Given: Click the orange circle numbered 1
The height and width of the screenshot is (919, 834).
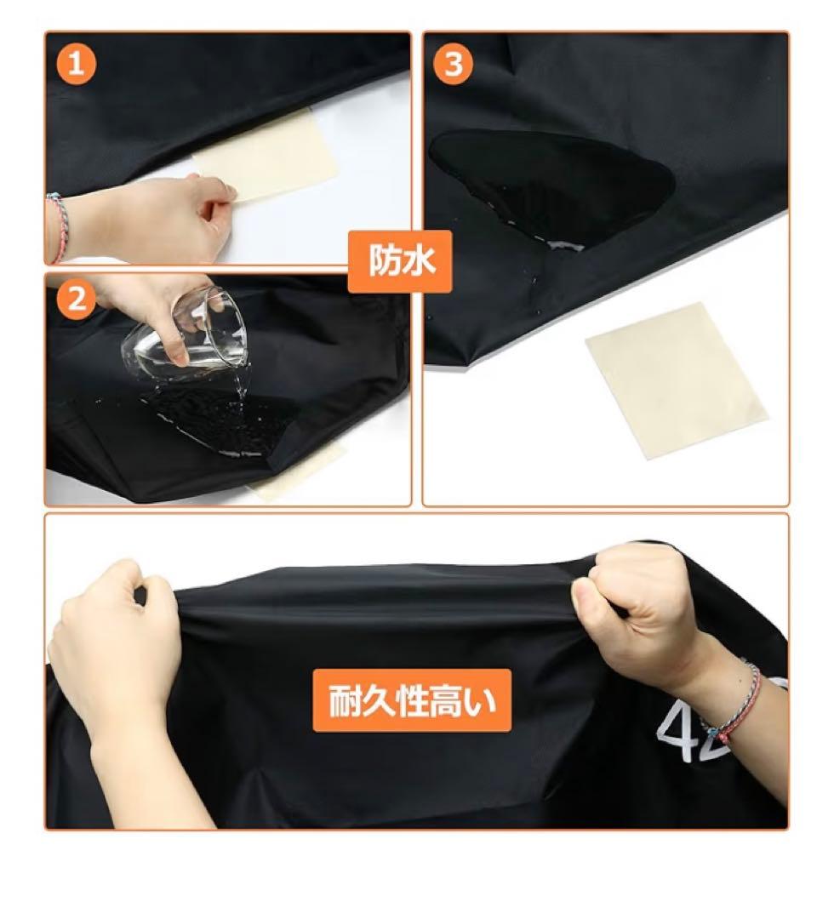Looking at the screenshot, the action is point(77,63).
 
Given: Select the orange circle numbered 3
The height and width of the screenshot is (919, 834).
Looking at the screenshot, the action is point(454,63).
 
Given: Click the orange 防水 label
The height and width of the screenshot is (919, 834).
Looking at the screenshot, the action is point(400,261).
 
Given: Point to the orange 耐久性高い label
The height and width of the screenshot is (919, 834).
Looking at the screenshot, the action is point(412,701).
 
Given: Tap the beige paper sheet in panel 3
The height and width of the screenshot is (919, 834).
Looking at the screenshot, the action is point(677,380).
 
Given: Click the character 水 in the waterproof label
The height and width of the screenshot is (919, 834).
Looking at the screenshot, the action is point(419,261).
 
